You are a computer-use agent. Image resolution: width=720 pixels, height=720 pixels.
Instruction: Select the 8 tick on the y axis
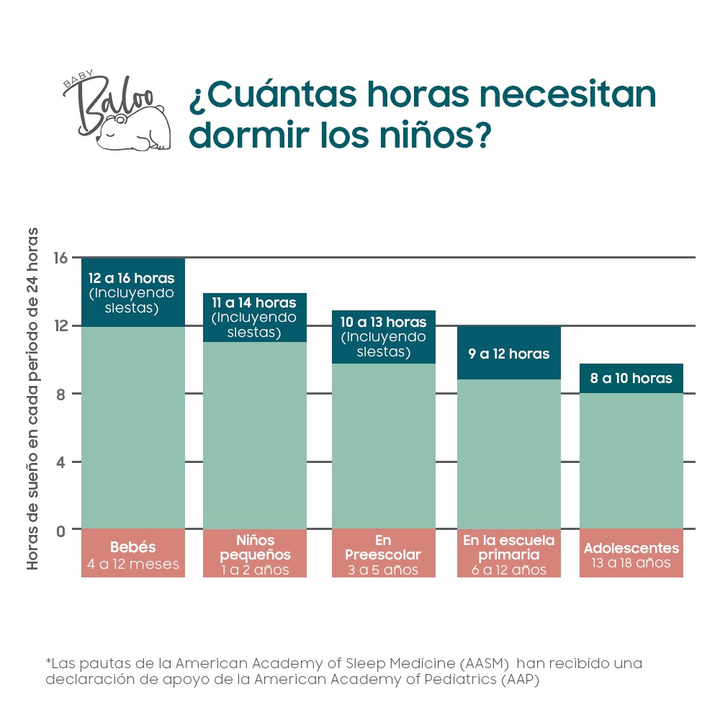click(x=60, y=395)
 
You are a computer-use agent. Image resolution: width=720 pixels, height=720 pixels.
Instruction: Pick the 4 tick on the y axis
click(x=60, y=462)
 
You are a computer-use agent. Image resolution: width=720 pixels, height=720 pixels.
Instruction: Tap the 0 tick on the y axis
click(x=60, y=530)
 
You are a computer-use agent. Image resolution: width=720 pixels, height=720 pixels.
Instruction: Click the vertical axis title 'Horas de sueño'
click(x=33, y=400)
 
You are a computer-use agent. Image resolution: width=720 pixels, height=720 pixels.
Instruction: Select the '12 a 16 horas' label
click(x=132, y=279)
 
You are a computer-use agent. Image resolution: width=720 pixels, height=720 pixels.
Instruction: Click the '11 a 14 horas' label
click(x=254, y=303)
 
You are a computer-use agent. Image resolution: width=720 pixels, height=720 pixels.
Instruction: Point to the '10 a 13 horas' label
click(x=384, y=322)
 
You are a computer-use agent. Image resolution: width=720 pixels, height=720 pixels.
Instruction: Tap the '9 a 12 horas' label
click(x=509, y=354)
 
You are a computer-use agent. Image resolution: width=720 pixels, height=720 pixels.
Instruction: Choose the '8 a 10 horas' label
click(x=631, y=379)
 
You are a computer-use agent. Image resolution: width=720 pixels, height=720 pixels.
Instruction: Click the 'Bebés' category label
click(x=133, y=547)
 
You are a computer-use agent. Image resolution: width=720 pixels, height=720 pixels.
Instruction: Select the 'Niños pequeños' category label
click(x=256, y=547)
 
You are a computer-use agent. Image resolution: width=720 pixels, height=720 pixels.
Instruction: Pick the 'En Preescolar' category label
click(x=383, y=547)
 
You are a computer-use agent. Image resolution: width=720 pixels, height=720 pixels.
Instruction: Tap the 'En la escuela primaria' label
click(x=509, y=547)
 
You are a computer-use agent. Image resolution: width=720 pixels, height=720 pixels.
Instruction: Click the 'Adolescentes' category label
click(x=631, y=549)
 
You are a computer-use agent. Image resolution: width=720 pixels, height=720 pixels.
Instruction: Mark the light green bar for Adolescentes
click(x=631, y=461)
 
